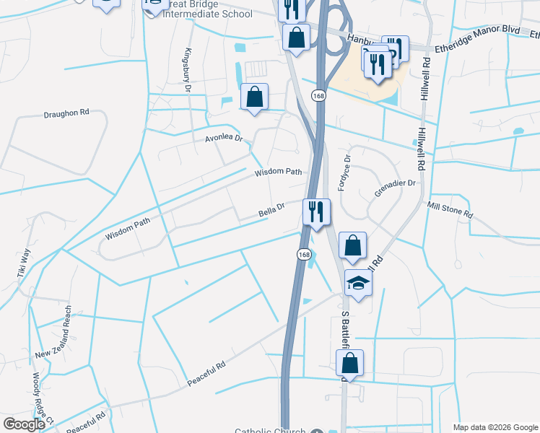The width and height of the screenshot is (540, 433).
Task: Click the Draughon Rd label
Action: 66,113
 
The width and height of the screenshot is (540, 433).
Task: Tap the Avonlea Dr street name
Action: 224,138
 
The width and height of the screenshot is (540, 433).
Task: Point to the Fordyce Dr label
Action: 347,168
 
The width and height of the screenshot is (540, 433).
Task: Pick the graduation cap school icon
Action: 357,284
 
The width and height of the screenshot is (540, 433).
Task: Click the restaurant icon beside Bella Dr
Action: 316,212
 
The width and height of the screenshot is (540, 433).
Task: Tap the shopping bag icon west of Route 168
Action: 254,97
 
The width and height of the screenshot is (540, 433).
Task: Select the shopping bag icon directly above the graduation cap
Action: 352,245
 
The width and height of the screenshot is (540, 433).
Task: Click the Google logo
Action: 24,424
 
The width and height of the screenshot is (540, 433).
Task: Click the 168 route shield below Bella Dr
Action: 304,255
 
